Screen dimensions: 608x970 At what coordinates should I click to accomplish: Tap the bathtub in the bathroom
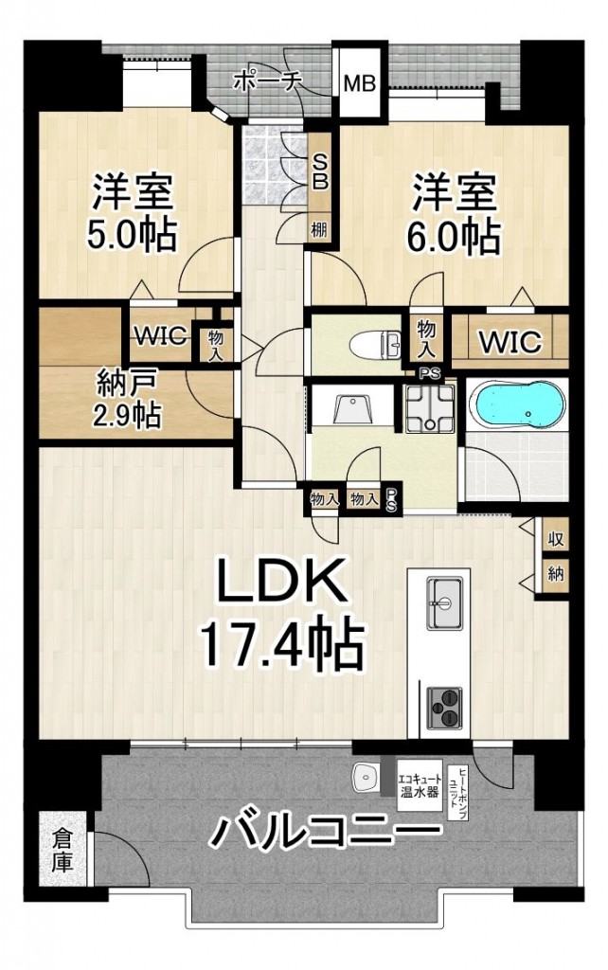pyautogui.click(x=517, y=405)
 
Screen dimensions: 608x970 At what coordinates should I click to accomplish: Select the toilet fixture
pyautogui.click(x=376, y=344)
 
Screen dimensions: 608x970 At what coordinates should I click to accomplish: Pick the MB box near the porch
pyautogui.click(x=360, y=83)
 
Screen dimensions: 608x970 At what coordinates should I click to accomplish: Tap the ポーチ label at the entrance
pyautogui.click(x=266, y=81)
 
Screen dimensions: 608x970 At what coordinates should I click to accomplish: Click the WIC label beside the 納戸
pyautogui.click(x=161, y=335)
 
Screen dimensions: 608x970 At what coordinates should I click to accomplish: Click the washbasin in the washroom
pyautogui.click(x=351, y=409)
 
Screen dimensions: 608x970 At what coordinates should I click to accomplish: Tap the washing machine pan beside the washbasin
pyautogui.click(x=429, y=407)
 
